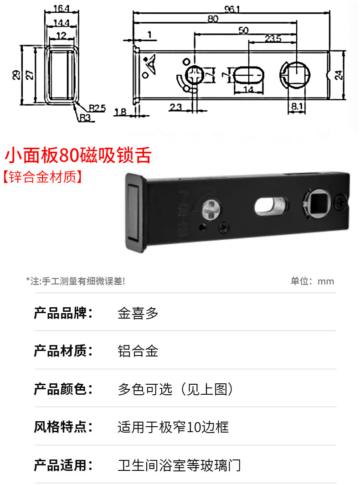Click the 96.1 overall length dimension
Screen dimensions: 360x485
(231, 9)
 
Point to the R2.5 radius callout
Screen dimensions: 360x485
(97, 108)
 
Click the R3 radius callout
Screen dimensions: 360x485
(85, 118)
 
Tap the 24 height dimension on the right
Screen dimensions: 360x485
(339, 75)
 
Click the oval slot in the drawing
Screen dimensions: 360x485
(249, 74)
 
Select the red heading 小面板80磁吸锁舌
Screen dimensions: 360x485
(77, 156)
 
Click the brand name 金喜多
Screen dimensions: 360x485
(138, 314)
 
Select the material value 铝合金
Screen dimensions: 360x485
(138, 351)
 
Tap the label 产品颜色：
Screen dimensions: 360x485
(63, 389)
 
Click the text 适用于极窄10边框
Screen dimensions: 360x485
(173, 427)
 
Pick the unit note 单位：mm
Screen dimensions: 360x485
(312, 281)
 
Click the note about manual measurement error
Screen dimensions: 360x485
(75, 281)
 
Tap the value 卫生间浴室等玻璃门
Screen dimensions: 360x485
(179, 465)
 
